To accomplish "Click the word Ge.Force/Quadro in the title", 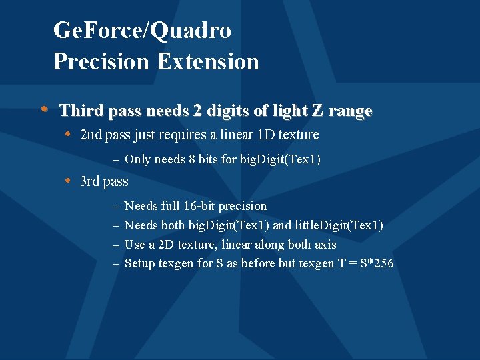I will click(142, 31).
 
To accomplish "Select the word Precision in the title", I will click(102, 61).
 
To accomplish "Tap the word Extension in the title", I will click(208, 61).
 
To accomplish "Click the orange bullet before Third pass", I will click(44, 109).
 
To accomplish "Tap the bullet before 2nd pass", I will click(68, 134).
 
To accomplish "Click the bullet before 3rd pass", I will click(68, 181).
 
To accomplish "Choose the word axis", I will click(324, 245).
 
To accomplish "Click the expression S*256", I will click(376, 263).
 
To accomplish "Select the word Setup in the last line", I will click(140, 264).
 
